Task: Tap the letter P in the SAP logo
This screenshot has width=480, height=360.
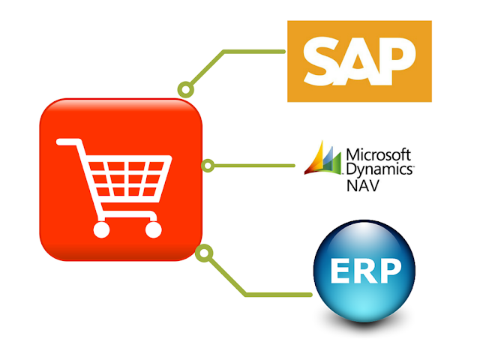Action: [x=395, y=61]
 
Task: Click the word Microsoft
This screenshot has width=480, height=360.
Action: [x=378, y=155]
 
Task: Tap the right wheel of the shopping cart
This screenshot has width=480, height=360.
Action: [x=153, y=229]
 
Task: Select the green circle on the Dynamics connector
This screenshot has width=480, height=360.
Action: [x=208, y=165]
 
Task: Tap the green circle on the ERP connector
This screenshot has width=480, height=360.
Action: [x=201, y=253]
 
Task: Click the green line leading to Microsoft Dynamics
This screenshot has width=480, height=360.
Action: [x=255, y=165]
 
